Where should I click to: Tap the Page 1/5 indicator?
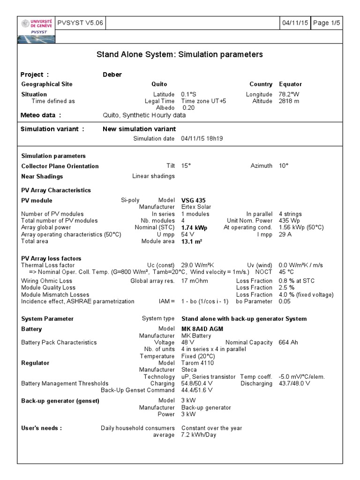(327, 23)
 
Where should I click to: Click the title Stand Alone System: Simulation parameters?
(180, 55)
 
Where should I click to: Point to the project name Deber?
(112, 75)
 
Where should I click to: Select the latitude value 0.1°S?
(190, 94)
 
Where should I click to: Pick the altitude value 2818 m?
(289, 101)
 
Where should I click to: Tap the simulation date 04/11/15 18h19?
(202, 138)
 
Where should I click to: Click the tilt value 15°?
(186, 166)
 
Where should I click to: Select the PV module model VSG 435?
(193, 200)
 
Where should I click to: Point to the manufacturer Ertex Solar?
(196, 207)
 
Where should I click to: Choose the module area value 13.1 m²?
(191, 241)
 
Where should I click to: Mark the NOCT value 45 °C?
(286, 272)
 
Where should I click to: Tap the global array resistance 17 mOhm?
(194, 281)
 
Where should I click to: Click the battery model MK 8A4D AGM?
(202, 329)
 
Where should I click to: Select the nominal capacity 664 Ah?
(289, 342)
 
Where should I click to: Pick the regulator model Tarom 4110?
(197, 363)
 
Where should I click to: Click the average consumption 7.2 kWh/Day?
(199, 435)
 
